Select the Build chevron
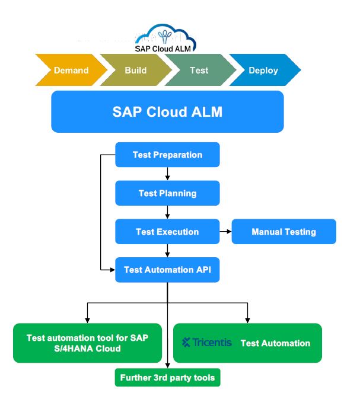coord(135,71)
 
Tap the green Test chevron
coord(199,71)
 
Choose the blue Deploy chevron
coord(263,71)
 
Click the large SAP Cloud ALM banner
coord(167,111)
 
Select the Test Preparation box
coord(167,155)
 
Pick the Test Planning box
coord(167,193)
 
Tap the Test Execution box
coord(167,232)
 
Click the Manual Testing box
coord(283,232)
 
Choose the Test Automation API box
coord(167,270)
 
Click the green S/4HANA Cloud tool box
coord(87,343)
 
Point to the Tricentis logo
coord(207,343)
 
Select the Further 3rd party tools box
coord(167,378)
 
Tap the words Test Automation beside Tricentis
coord(275,343)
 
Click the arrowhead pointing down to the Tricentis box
coord(247,319)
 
